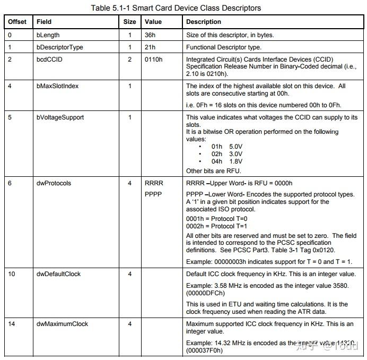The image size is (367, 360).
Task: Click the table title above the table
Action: coord(176,8)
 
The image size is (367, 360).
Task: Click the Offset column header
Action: coord(18,22)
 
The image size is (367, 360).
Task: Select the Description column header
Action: coord(204,22)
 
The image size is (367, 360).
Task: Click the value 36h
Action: coord(151,36)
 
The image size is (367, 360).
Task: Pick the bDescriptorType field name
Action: coord(60,47)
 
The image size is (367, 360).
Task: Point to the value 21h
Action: coord(151,47)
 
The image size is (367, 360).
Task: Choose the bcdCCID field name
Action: coord(49,59)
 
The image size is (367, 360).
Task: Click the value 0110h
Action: coord(154,59)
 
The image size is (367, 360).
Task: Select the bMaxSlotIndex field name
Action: coord(57,86)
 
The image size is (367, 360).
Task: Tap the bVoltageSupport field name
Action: coord(60,117)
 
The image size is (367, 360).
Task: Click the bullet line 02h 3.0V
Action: coord(220,154)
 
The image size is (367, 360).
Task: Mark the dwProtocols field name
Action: coord(54,184)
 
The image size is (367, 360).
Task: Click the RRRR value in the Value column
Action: coord(154,184)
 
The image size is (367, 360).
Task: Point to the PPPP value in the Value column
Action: coord(154,194)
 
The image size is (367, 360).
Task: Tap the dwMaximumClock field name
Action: coord(62,324)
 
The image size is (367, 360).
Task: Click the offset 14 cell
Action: coord(11,324)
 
